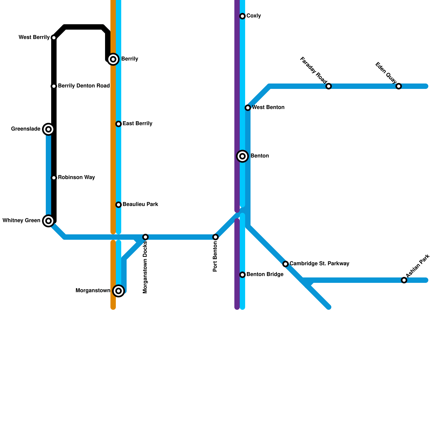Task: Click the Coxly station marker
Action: (242, 16)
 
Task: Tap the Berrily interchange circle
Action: (113, 59)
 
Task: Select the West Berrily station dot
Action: (54, 38)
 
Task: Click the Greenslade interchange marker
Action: (48, 129)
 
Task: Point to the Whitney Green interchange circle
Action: (48, 221)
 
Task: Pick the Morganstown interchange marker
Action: (119, 291)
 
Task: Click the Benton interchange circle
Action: (242, 156)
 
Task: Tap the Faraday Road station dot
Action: (329, 86)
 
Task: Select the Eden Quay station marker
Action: (399, 86)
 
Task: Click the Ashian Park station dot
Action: (404, 280)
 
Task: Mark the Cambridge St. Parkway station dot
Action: (286, 264)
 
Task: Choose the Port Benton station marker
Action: (215, 237)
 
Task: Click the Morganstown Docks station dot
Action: (145, 237)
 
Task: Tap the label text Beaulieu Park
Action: (140, 204)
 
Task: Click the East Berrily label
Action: (137, 124)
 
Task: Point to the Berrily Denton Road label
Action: (84, 86)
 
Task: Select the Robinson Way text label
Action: (77, 178)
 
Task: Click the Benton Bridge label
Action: (265, 274)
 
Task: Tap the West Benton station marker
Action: (248, 108)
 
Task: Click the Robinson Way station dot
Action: (54, 178)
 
